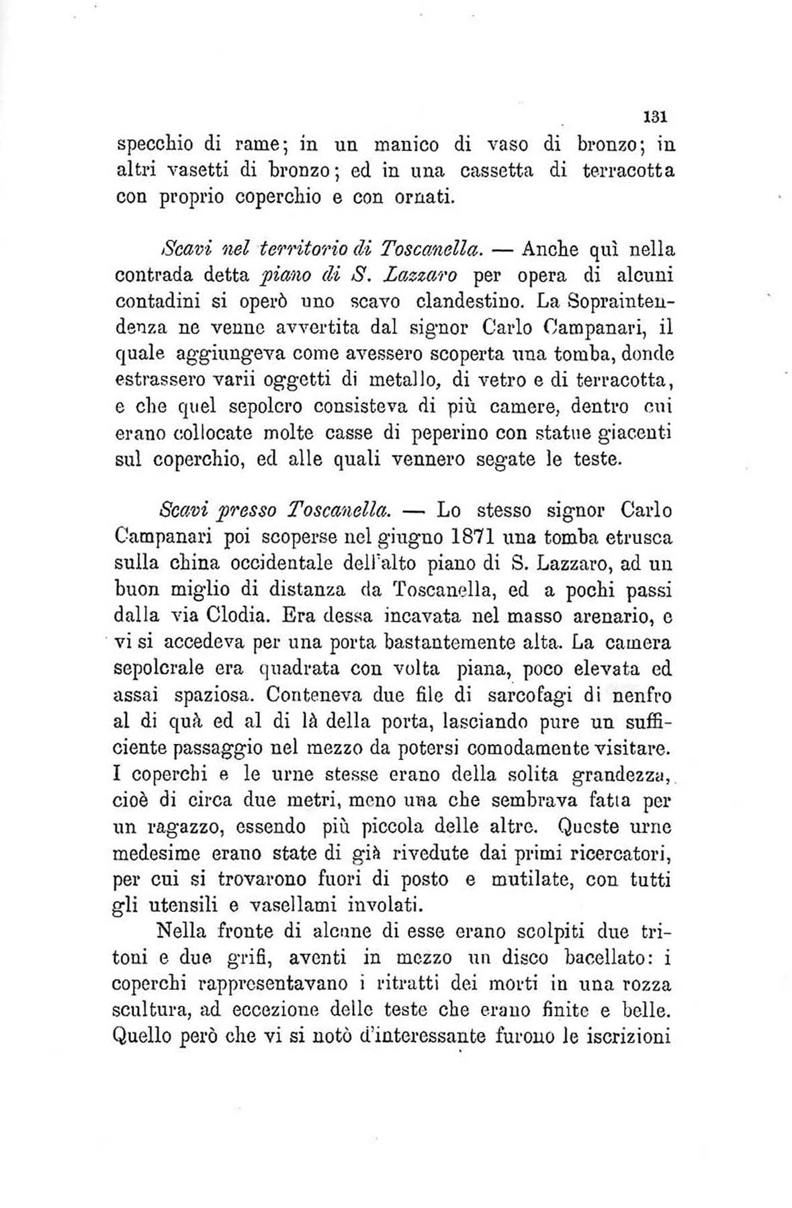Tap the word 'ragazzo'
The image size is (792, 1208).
pyautogui.click(x=166, y=827)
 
